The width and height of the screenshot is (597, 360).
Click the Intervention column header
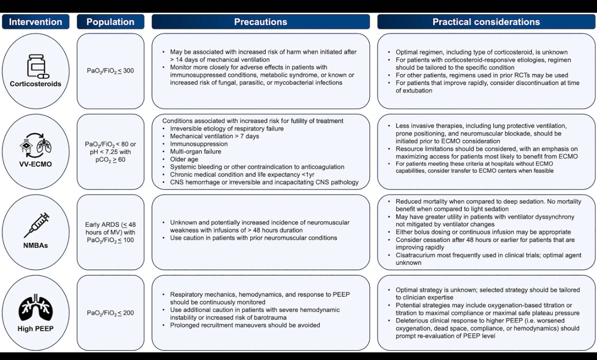(36, 22)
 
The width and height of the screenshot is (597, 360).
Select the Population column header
(110, 22)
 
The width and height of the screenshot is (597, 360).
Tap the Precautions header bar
(260, 22)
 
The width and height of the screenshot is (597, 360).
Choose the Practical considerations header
(486, 22)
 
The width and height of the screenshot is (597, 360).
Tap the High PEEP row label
(36, 329)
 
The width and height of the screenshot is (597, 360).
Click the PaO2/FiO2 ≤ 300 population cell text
(110, 71)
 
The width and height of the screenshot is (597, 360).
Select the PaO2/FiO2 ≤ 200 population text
(110, 313)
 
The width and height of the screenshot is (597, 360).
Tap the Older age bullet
(185, 159)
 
